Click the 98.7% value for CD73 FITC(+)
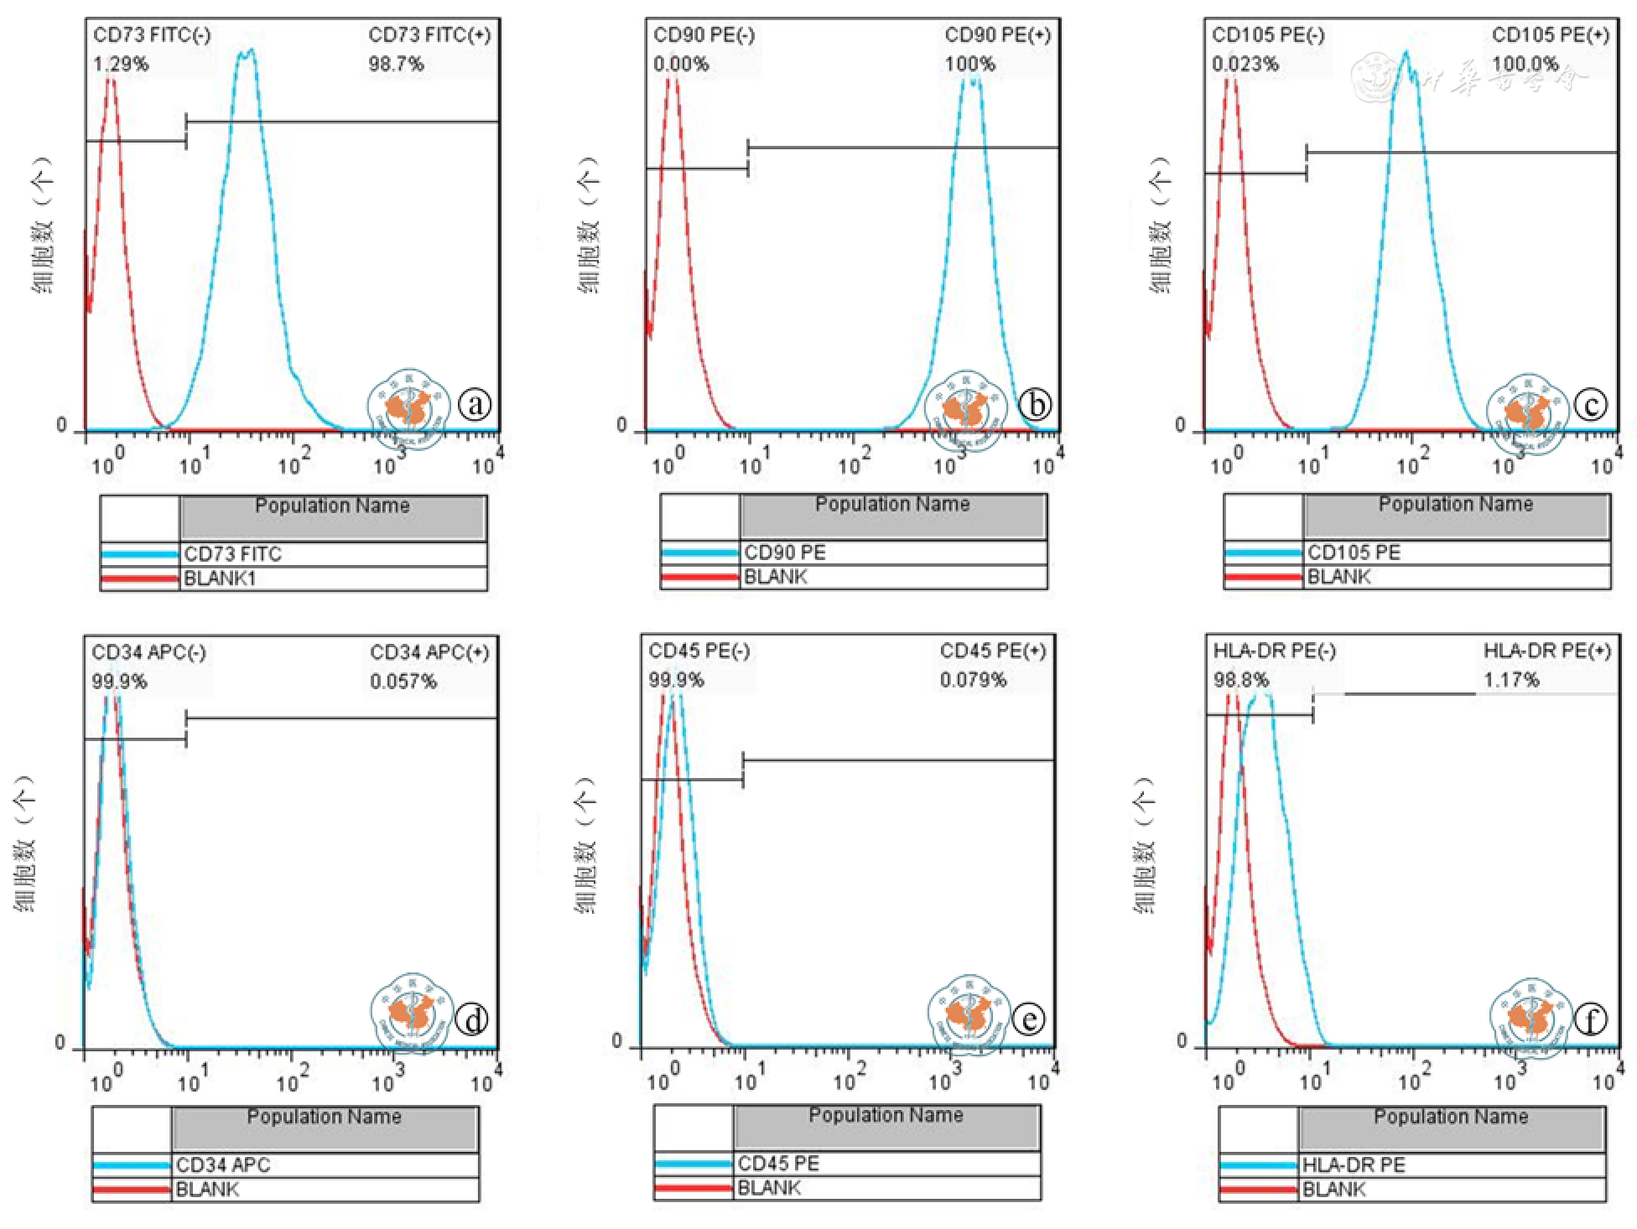point(396,65)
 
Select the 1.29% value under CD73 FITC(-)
point(121,65)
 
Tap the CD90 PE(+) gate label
point(997,35)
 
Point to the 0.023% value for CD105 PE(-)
point(1245,65)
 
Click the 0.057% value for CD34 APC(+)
point(403,682)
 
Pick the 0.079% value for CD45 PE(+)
point(973,680)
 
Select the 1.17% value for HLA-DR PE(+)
point(1511,680)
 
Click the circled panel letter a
point(475,405)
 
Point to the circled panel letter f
point(1590,1019)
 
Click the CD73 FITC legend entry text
point(232,554)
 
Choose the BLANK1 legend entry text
point(220,578)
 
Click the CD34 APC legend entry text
point(223,1164)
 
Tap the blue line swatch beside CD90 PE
point(699,552)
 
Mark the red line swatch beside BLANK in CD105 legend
point(1263,577)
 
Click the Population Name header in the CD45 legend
point(886,1116)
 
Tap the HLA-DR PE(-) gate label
point(1274,651)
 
